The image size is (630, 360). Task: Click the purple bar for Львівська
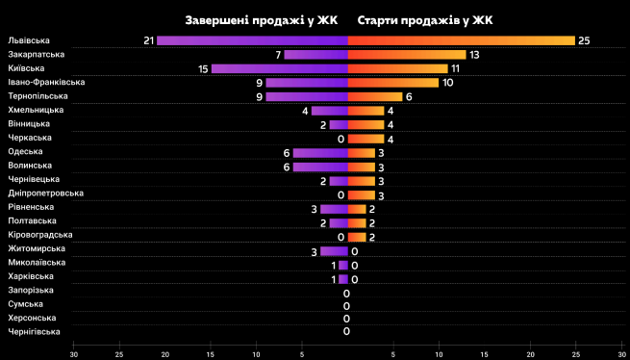click(x=252, y=40)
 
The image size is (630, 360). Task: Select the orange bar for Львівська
click(x=461, y=40)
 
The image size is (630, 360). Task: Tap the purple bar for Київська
click(x=279, y=68)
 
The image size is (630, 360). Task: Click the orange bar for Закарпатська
click(x=406, y=55)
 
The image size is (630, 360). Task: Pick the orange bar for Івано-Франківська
click(x=392, y=83)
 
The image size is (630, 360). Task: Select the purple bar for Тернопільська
click(x=307, y=96)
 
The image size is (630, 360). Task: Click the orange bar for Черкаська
click(x=365, y=139)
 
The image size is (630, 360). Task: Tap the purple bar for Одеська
click(x=320, y=153)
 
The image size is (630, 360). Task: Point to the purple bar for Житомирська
click(x=334, y=250)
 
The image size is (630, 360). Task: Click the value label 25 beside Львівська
click(x=584, y=40)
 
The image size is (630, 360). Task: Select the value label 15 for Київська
click(x=203, y=68)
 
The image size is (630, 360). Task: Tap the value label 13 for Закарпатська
click(x=474, y=55)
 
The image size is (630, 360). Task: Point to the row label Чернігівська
click(x=34, y=332)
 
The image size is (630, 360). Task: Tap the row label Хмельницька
click(x=36, y=111)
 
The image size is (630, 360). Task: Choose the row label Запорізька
click(x=31, y=291)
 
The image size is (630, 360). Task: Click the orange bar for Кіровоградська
click(x=356, y=237)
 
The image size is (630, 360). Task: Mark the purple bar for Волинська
click(x=320, y=167)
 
